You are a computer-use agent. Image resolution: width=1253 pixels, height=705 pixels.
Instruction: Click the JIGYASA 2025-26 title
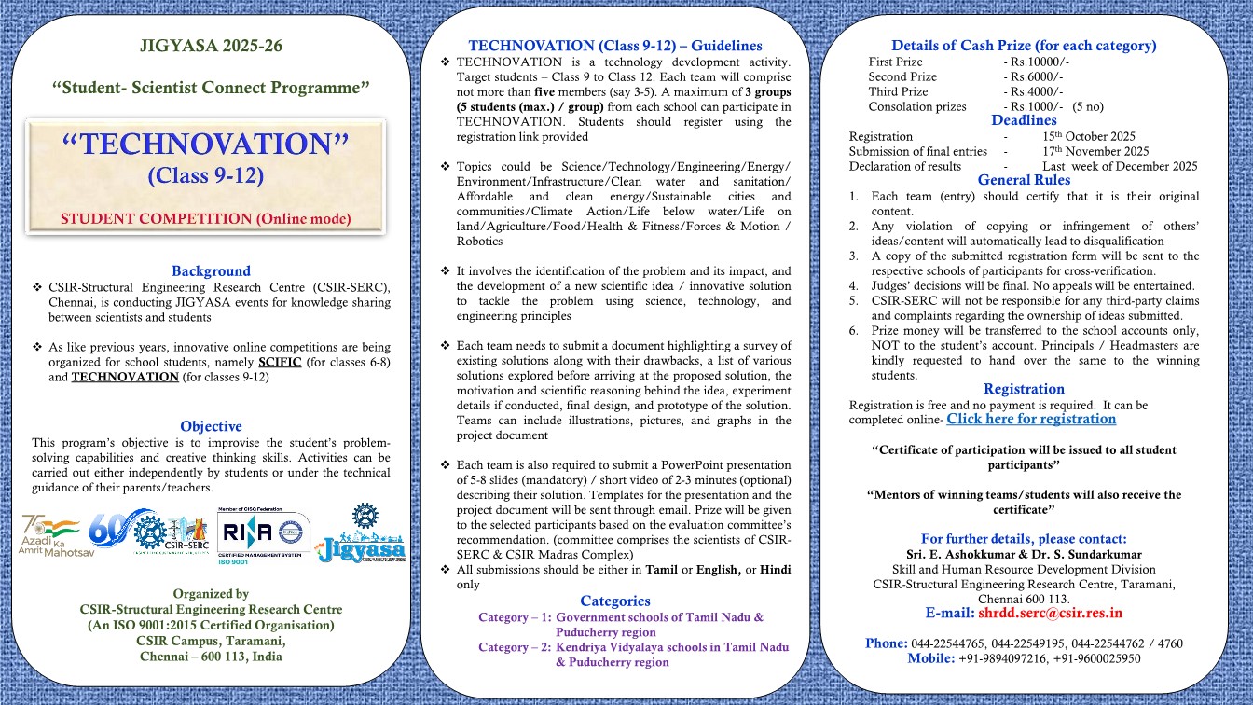point(211,46)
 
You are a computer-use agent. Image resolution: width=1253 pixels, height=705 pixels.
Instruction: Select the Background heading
point(211,270)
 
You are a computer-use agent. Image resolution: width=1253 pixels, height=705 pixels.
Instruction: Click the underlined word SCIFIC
point(280,362)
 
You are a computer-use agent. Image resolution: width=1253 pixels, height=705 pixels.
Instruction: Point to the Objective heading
point(211,426)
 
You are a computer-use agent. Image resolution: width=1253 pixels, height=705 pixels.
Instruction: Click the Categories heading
point(614,601)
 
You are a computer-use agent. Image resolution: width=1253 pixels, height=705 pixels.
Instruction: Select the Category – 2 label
point(514,647)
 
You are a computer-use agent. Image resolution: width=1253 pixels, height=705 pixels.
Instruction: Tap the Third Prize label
point(898,91)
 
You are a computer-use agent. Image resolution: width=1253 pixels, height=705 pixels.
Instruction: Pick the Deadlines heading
point(1024,120)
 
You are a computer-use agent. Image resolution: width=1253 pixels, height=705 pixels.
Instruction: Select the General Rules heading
point(1024,180)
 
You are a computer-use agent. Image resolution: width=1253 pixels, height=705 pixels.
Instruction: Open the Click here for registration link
point(1031,419)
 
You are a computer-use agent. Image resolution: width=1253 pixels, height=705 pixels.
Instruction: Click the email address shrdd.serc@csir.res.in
point(1050,613)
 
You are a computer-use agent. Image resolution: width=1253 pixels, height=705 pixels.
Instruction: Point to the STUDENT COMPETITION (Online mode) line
point(205,219)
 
